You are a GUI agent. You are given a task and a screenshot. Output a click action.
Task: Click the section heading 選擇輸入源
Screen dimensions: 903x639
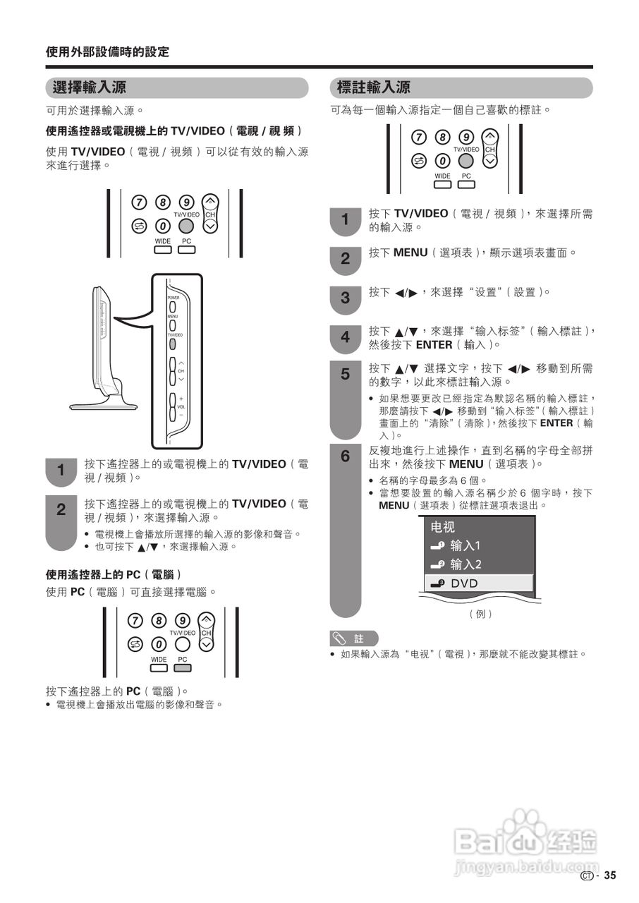pyautogui.click(x=90, y=88)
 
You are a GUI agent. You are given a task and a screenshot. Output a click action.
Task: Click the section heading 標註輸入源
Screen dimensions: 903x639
pyautogui.click(x=374, y=88)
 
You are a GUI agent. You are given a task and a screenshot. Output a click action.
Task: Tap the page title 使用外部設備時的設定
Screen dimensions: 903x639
pyautogui.click(x=107, y=52)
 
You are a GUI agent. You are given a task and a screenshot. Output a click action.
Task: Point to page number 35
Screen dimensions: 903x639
pyautogui.click(x=609, y=875)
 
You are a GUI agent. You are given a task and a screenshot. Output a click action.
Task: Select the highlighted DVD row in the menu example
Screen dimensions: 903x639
pyautogui.click(x=478, y=583)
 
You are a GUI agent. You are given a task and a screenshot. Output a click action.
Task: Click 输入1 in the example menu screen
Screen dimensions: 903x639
pyautogui.click(x=465, y=545)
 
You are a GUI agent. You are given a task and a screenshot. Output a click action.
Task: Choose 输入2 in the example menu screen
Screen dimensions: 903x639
pyautogui.click(x=465, y=564)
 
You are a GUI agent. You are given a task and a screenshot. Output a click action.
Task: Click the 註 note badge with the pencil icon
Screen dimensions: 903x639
pyautogui.click(x=354, y=638)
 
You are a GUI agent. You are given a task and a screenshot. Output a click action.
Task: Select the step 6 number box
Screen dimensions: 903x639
pyautogui.click(x=345, y=457)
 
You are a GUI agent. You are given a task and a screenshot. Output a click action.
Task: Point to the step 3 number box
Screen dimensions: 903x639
pyautogui.click(x=345, y=298)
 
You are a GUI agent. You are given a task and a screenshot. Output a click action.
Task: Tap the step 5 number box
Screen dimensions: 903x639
pyautogui.click(x=345, y=375)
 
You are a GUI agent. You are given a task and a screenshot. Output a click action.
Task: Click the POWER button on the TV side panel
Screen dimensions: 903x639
pyautogui.click(x=171, y=307)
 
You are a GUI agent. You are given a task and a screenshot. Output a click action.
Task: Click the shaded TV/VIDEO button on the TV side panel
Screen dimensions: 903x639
pyautogui.click(x=171, y=344)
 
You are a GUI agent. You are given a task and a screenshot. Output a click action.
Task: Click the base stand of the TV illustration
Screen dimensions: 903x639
pyautogui.click(x=102, y=406)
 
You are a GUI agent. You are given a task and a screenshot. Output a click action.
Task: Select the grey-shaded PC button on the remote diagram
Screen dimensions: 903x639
pyautogui.click(x=183, y=667)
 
